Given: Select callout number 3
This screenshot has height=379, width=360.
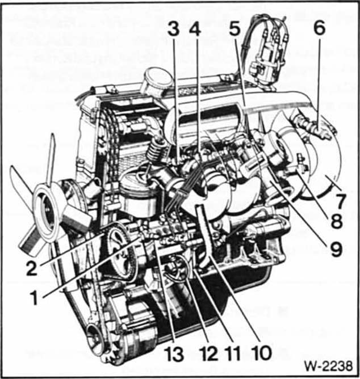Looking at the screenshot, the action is (174, 30).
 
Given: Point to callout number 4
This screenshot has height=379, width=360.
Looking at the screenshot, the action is (195, 30).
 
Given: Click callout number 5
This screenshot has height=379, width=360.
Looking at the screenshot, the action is (235, 30).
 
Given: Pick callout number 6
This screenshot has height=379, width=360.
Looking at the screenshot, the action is (319, 28).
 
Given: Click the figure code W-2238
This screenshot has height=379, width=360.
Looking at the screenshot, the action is (328, 366).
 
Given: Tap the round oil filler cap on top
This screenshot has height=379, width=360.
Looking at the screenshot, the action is (157, 81).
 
